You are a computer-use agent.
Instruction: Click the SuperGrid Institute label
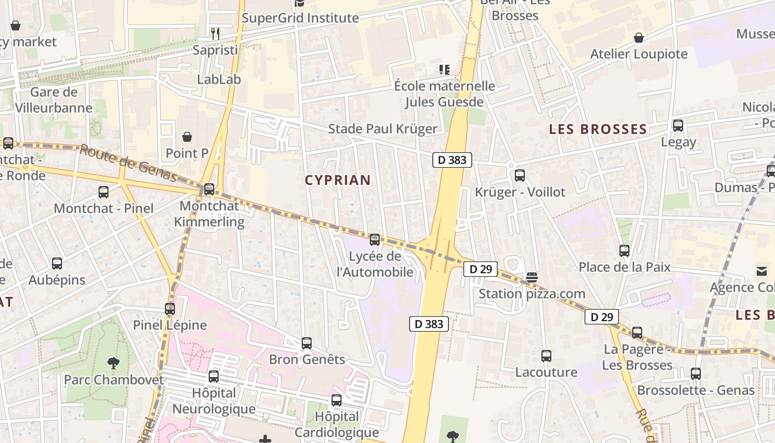pos(301,18)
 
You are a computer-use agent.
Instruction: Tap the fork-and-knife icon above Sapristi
pos(215,34)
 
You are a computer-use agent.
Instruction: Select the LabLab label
pos(219,79)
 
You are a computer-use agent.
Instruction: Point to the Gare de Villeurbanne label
pos(54,100)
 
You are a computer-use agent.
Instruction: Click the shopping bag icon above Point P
pos(187,137)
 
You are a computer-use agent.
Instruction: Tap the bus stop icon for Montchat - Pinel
pos(104,192)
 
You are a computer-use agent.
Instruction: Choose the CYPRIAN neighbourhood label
pos(338,180)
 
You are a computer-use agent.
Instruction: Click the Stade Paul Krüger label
pos(383,129)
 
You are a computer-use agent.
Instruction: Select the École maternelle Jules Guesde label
pos(444,94)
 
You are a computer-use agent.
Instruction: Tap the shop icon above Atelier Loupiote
pos(639,38)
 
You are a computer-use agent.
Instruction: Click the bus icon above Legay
pos(678,126)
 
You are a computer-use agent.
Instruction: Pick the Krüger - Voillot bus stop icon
pos(519,176)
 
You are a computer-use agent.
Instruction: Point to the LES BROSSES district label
pos(598,130)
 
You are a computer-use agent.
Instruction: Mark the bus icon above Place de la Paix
pos(624,251)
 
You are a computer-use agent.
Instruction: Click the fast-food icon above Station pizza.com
pos(532,277)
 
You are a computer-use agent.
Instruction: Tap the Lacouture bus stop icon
pos(546,356)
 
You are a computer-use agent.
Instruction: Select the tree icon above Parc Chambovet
pos(113,364)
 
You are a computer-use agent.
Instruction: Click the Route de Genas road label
pos(128,163)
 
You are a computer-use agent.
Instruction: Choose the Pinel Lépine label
pos(170,325)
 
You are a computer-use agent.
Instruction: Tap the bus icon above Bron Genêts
pos(307,343)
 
